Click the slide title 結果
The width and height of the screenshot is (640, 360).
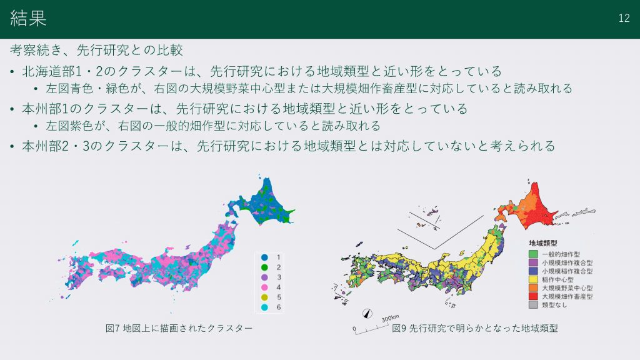pos(28,18)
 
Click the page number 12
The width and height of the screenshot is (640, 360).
pos(624,18)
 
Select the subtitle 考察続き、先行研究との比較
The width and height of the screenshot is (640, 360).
pos(96,50)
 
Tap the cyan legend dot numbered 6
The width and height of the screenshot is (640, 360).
pos(264,307)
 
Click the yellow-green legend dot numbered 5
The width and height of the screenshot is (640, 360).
pos(264,297)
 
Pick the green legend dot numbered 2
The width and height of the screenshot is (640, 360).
pos(264,267)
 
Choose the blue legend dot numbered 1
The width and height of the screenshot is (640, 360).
pos(264,257)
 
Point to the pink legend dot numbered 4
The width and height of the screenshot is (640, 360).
pos(264,287)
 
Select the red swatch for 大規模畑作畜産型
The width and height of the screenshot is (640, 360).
pos(533,296)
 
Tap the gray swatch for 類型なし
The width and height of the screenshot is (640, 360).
pos(533,304)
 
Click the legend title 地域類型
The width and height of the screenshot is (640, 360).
pos(543,243)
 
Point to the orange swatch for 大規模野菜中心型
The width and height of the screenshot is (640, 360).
pos(533,287)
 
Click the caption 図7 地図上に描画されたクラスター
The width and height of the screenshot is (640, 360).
pos(179,328)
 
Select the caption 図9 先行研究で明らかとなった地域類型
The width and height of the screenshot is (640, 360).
pos(475,328)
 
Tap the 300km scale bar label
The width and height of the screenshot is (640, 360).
pos(391,319)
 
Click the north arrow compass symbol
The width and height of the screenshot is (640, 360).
pos(367,314)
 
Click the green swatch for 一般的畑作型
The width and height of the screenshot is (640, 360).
pos(533,254)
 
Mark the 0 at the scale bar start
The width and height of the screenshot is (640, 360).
pos(354,329)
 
